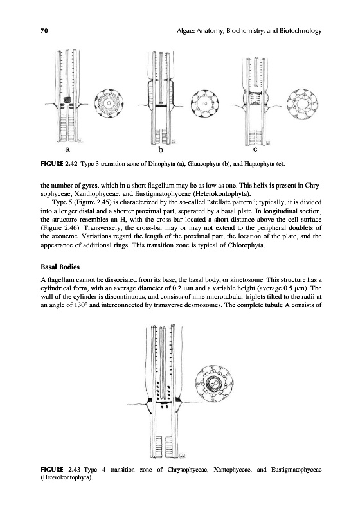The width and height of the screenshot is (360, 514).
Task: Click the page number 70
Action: (x=44, y=31)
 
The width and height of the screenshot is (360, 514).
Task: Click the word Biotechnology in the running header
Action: (x=301, y=31)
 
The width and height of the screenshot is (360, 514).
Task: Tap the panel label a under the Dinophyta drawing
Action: (x=67, y=150)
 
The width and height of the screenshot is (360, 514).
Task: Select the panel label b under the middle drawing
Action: (x=161, y=150)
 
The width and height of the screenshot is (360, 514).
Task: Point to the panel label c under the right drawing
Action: (x=255, y=150)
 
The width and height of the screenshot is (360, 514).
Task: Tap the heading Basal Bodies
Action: (x=60, y=267)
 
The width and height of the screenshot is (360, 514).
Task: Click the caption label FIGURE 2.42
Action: (x=59, y=164)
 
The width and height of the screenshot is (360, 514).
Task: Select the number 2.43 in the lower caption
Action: (x=74, y=470)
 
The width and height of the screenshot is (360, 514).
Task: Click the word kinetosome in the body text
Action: (x=243, y=280)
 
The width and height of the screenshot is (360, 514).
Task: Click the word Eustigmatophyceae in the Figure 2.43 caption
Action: (x=296, y=470)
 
